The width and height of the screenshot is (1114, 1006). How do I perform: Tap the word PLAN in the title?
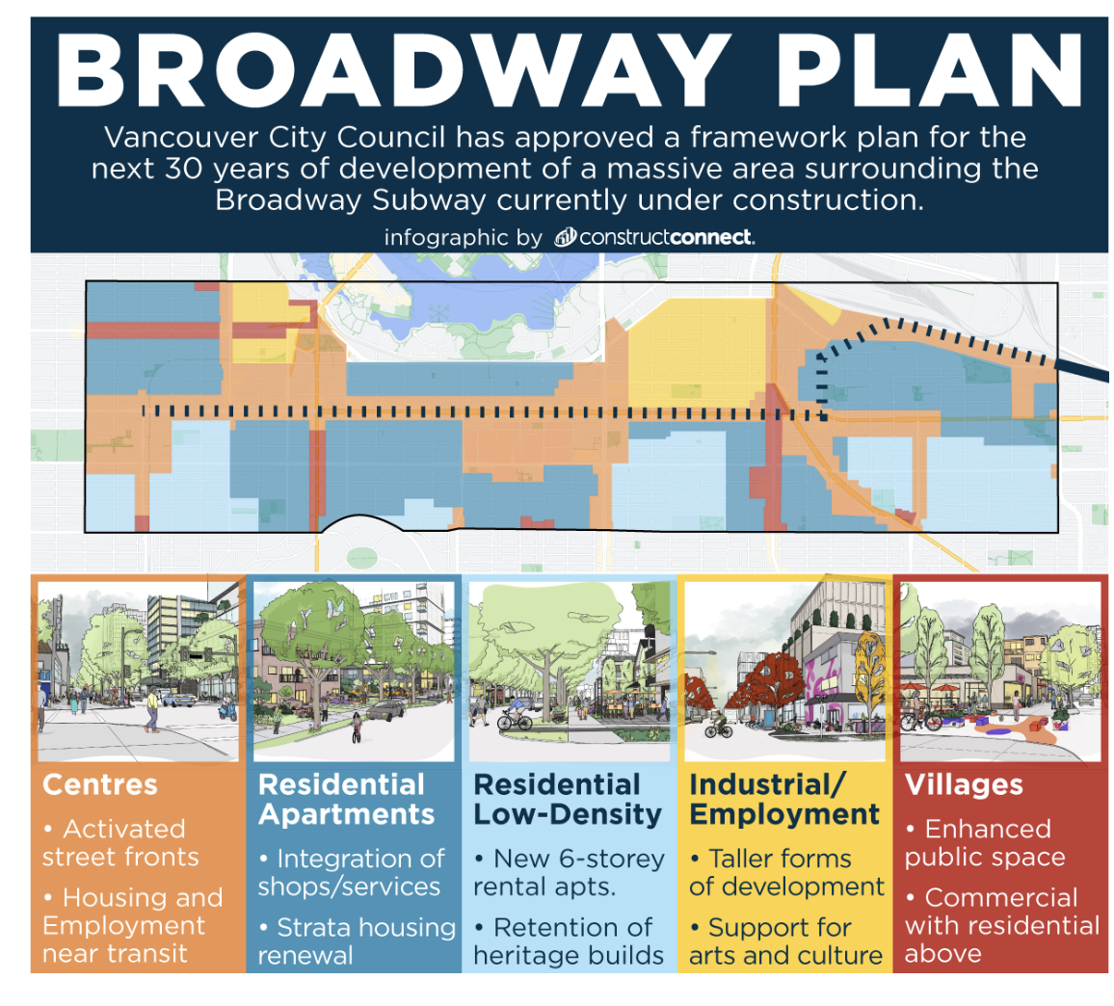tap(929, 70)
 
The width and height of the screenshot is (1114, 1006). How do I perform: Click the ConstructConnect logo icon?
tap(567, 237)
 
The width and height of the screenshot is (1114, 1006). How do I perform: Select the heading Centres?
tap(100, 785)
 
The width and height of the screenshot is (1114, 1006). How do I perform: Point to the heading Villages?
tap(964, 785)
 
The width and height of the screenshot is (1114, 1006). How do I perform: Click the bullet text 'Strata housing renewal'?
tap(356, 941)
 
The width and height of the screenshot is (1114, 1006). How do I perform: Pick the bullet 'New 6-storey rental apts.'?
tap(570, 872)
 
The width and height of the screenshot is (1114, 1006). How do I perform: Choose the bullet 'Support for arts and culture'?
tap(785, 941)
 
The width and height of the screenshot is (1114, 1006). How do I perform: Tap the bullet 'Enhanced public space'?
tap(985, 842)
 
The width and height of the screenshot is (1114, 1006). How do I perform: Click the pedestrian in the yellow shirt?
tap(151, 711)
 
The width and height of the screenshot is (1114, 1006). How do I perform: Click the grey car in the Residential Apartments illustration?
tap(385, 710)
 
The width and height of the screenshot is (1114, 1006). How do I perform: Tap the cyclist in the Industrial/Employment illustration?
tap(719, 726)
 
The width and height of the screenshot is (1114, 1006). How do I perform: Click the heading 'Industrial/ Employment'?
tap(784, 800)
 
